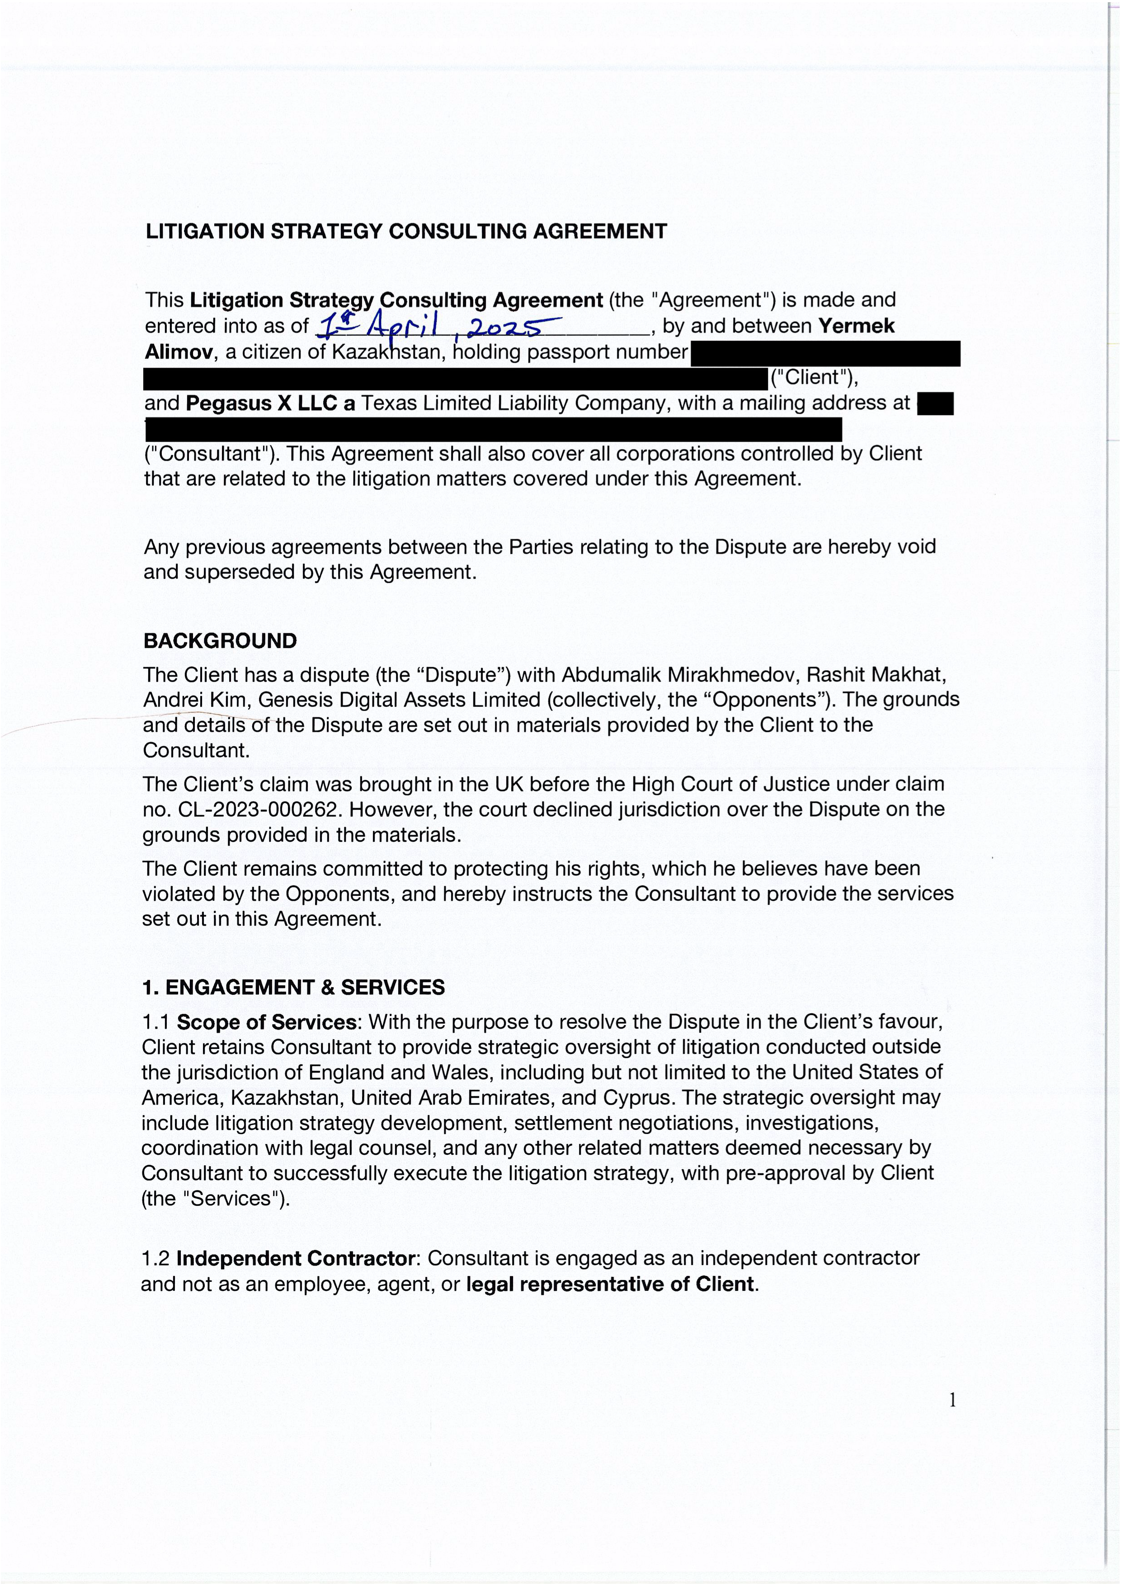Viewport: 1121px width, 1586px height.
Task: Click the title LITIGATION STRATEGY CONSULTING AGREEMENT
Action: (406, 231)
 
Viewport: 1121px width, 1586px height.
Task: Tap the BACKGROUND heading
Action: (220, 641)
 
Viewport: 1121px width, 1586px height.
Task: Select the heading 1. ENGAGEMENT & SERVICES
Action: (293, 987)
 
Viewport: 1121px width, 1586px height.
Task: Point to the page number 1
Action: (952, 1400)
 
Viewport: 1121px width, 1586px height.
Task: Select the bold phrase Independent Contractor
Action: (295, 1258)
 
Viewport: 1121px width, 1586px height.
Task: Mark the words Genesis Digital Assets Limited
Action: (399, 700)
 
